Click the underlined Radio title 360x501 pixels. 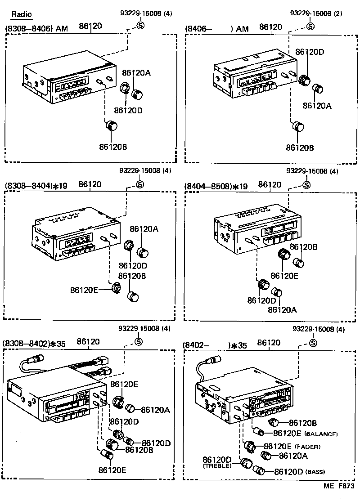pyautogui.click(x=22, y=14)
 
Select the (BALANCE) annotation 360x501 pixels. pyautogui.click(x=321, y=434)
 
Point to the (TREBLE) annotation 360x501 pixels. pyautogui.click(x=217, y=466)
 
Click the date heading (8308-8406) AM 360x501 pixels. pyautogui.click(x=36, y=29)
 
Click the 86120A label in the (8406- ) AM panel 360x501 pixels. pyautogui.click(x=317, y=106)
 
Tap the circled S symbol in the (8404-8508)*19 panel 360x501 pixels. pyautogui.click(x=306, y=184)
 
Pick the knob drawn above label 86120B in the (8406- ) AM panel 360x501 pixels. pyautogui.click(x=297, y=126)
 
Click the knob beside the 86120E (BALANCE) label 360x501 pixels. pyautogui.click(x=259, y=432)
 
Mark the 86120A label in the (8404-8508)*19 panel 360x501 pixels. pyautogui.click(x=282, y=309)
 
